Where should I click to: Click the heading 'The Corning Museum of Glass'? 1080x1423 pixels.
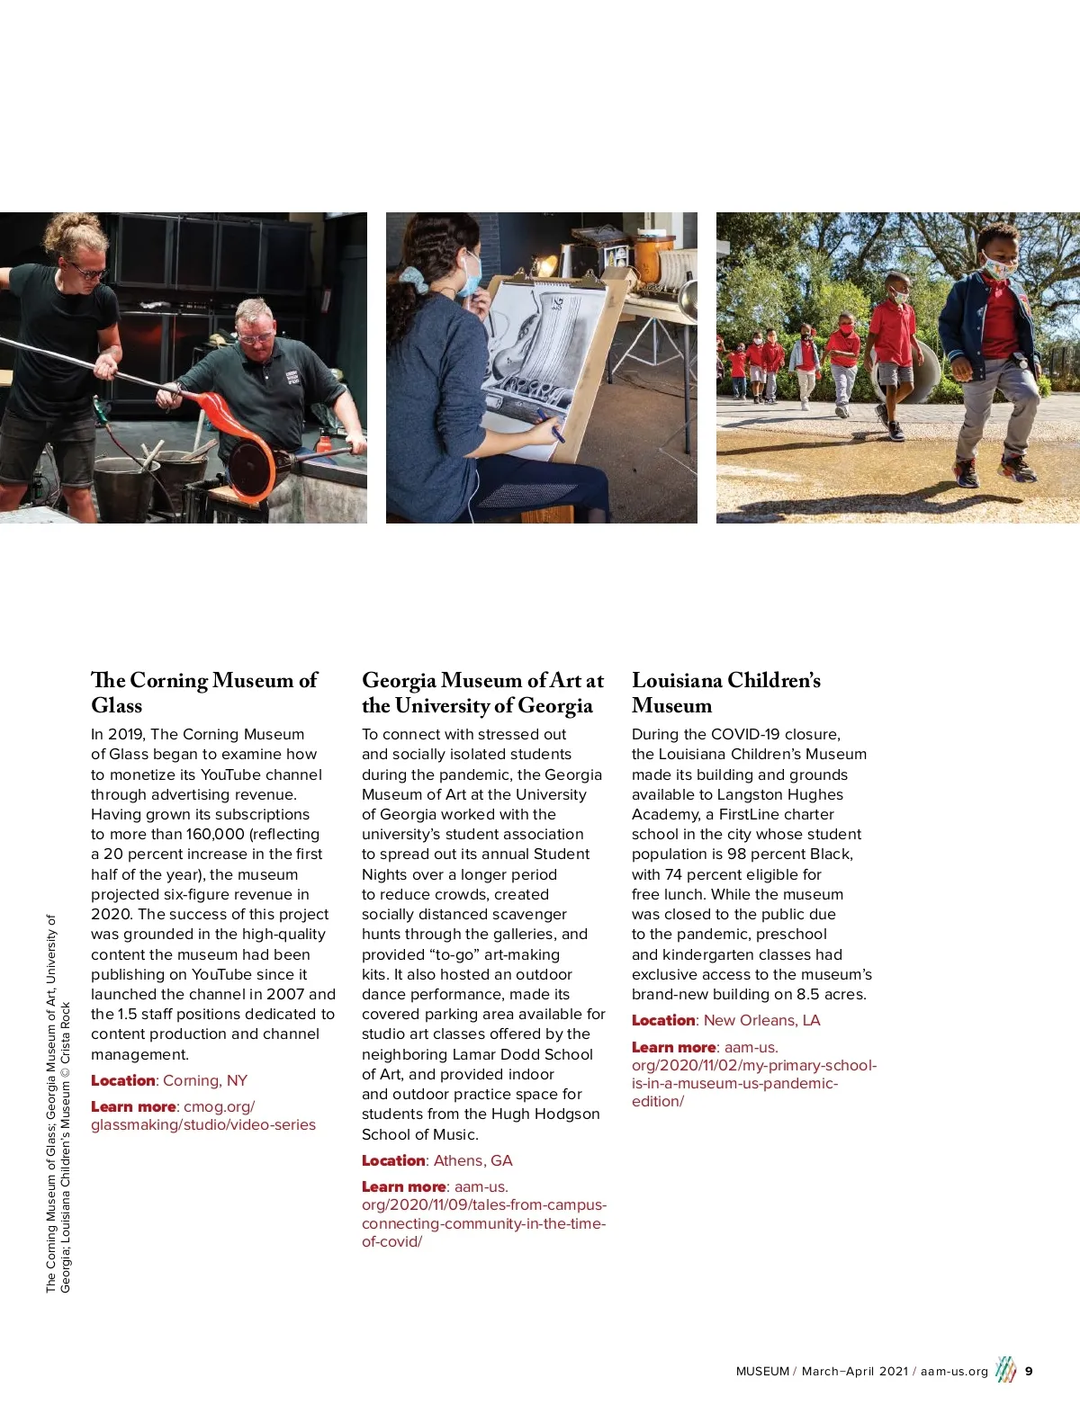(x=204, y=693)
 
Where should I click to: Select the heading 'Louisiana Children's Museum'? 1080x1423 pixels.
(x=725, y=693)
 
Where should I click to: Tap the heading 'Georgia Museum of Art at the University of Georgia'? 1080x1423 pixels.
(x=482, y=693)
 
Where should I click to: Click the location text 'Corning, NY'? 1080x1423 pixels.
(x=205, y=1080)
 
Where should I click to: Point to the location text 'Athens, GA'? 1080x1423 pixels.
(x=472, y=1160)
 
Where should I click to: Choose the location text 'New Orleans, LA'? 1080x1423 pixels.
(x=761, y=1020)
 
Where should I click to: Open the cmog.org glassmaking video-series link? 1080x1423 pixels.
(x=203, y=1115)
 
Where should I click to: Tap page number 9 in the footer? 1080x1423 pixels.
(x=1029, y=1371)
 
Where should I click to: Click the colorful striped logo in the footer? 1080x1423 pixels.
(x=1005, y=1370)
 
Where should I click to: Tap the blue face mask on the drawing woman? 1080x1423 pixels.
(x=470, y=275)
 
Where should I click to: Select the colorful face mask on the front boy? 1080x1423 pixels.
(x=998, y=267)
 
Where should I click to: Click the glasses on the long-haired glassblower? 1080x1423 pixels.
(x=87, y=269)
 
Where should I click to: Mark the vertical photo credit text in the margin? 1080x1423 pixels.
(x=58, y=1104)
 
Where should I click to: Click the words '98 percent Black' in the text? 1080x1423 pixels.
(x=789, y=854)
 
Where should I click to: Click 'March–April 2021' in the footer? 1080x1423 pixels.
(x=855, y=1371)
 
